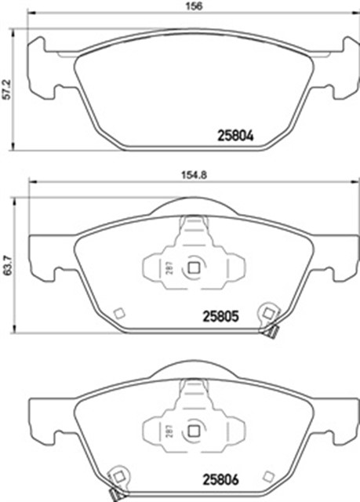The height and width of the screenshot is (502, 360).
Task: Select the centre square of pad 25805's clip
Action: coord(192,267)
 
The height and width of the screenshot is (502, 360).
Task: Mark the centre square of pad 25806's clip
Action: coord(192,429)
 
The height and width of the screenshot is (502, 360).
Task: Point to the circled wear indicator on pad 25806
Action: coord(118,475)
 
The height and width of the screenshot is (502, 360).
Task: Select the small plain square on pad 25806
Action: coord(268,475)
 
